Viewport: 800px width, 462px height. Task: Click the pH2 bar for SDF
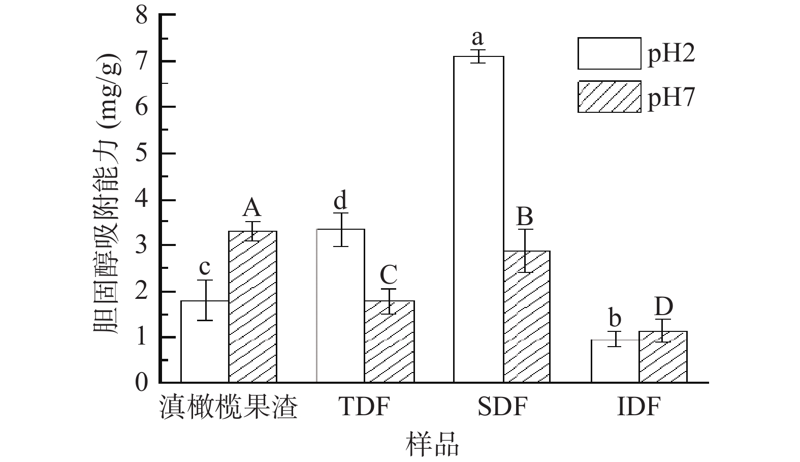tap(478, 219)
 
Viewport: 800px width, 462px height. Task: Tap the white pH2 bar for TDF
tap(340, 305)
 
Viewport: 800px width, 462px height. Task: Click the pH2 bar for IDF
tap(615, 361)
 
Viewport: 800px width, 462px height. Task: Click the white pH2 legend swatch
tap(609, 53)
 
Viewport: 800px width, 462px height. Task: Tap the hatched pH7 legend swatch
tap(609, 97)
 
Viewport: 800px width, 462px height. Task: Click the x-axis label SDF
tap(502, 407)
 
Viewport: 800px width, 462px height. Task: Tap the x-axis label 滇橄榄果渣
tap(228, 407)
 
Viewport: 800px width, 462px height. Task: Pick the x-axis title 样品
tap(432, 443)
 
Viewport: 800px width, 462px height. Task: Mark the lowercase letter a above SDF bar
tap(477, 37)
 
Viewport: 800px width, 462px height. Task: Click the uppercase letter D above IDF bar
tap(663, 306)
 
